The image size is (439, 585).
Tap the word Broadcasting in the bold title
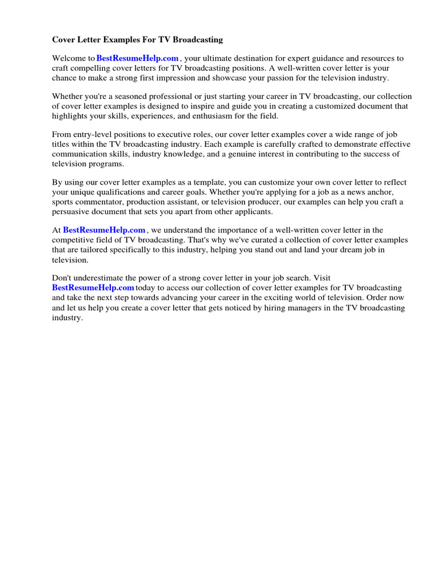point(194,40)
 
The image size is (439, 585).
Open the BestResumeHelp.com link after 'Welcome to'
point(138,58)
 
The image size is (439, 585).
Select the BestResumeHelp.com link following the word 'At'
point(104,230)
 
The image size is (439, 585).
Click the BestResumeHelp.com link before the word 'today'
point(93,287)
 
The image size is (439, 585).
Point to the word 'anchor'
point(378,192)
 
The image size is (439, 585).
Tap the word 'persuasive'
point(72,211)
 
